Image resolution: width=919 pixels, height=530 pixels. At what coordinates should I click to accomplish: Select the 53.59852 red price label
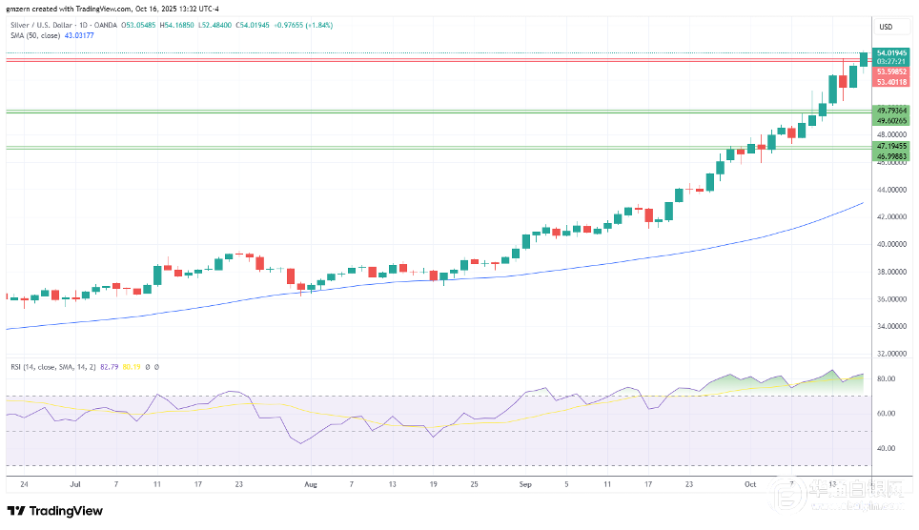click(x=890, y=71)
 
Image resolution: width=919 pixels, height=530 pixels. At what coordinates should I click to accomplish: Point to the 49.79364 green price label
click(x=890, y=111)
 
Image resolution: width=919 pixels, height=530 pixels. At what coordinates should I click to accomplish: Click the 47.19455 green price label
click(x=890, y=146)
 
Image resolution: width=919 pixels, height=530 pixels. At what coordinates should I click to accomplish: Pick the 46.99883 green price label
click(x=890, y=155)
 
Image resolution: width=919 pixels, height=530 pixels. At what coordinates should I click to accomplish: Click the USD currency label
click(x=886, y=27)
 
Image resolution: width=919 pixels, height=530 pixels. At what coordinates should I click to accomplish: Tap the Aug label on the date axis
click(x=309, y=484)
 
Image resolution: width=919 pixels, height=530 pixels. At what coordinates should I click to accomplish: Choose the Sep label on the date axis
click(x=524, y=484)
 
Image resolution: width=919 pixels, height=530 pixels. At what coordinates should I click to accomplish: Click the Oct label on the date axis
click(x=749, y=484)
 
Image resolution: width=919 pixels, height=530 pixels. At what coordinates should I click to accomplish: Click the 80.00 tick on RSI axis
click(x=886, y=379)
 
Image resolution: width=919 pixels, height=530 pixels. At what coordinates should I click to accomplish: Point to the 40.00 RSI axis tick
click(x=886, y=448)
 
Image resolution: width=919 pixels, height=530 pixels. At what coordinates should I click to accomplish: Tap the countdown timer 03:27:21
click(x=890, y=61)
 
